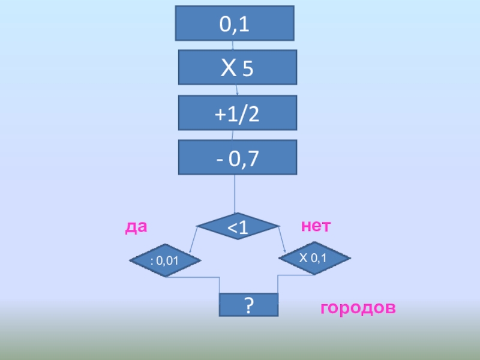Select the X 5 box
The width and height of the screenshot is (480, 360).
[237, 67]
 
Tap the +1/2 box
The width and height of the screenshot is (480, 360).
[237, 112]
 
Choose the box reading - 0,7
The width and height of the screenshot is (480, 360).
[237, 157]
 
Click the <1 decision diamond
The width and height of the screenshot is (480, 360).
[238, 226]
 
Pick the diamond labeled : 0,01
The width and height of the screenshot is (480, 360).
[166, 261]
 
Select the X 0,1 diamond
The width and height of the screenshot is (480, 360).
[314, 259]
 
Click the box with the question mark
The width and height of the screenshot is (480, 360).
[248, 305]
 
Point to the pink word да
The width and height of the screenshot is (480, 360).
[136, 227]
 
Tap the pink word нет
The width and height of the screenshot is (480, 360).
[316, 226]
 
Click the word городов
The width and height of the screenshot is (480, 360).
[358, 308]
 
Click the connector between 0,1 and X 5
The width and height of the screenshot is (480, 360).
[233, 45]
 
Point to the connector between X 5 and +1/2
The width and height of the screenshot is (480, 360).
[237, 90]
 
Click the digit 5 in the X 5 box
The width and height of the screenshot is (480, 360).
[248, 71]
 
